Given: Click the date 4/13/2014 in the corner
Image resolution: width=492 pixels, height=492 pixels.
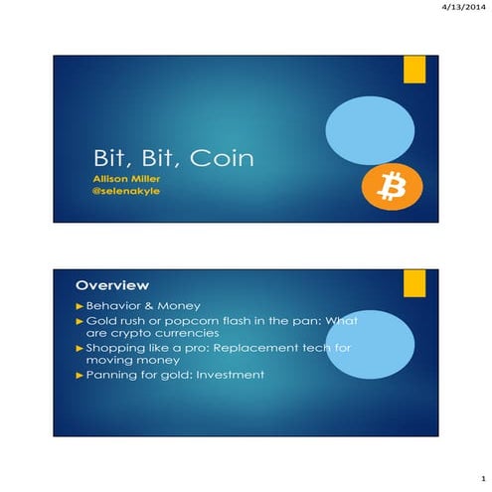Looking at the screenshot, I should click(x=462, y=8).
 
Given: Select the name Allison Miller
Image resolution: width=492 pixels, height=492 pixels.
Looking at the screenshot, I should click(x=121, y=179).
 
